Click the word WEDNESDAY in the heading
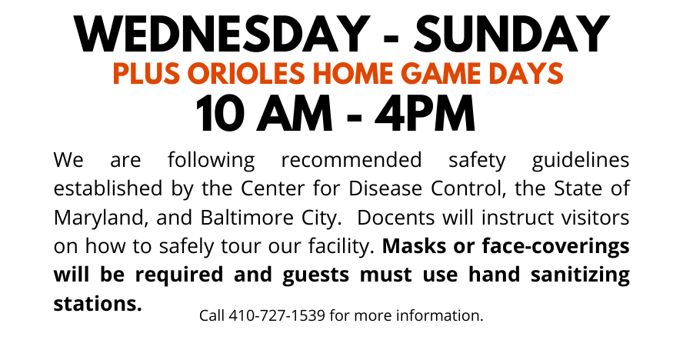(x=222, y=34)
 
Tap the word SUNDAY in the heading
(x=511, y=34)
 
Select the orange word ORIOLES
(x=246, y=73)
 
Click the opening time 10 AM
(x=264, y=114)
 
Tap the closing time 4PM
(x=425, y=114)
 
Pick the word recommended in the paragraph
(x=351, y=160)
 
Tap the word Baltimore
(x=247, y=218)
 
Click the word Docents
(x=395, y=218)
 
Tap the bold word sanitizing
(x=580, y=276)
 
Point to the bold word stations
(x=98, y=304)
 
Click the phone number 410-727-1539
(x=277, y=315)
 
